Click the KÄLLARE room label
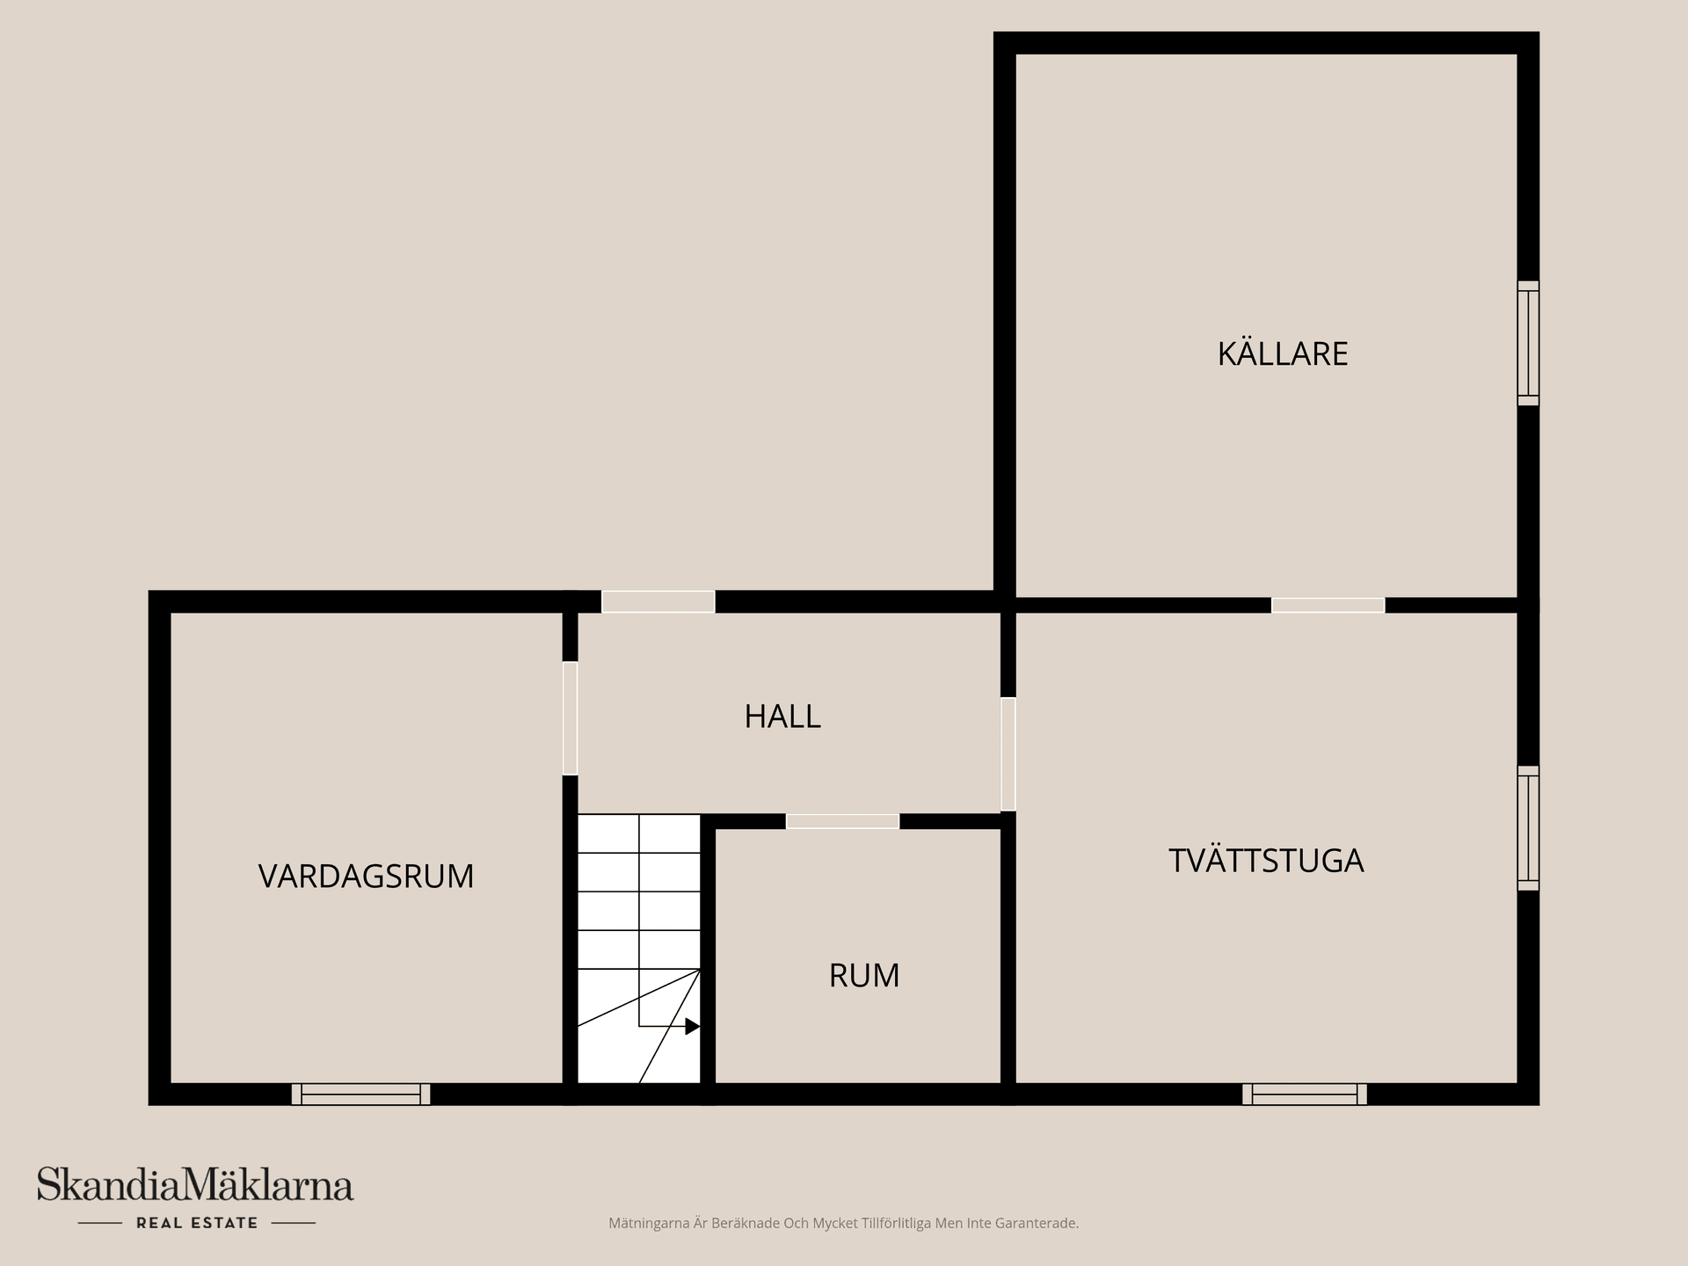click(1282, 353)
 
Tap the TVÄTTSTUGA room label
click(1265, 860)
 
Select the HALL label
click(782, 717)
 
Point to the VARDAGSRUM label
click(366, 877)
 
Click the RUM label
click(863, 976)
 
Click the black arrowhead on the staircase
click(692, 1026)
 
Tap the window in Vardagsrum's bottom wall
click(360, 1094)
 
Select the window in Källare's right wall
click(1528, 343)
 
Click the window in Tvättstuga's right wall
click(1528, 828)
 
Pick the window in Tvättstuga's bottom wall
click(1304, 1094)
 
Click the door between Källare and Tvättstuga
click(1328, 605)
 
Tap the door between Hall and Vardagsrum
click(570, 717)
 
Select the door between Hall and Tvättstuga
click(1008, 753)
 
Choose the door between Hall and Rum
click(842, 821)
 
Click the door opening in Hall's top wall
click(658, 601)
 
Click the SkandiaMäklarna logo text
click(195, 1185)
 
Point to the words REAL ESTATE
click(197, 1223)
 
